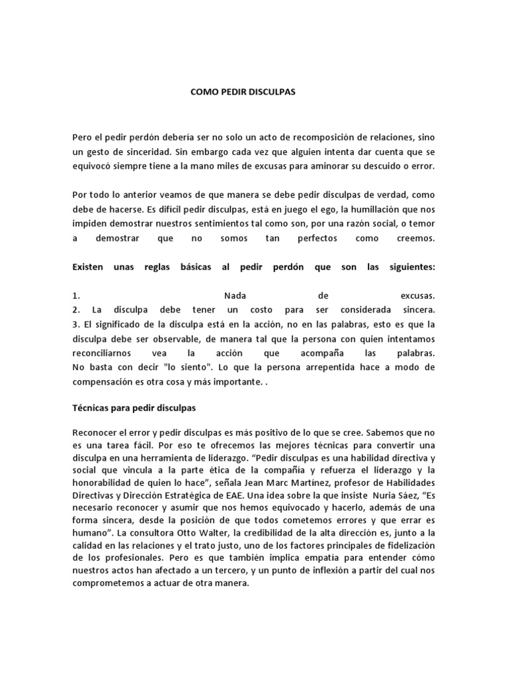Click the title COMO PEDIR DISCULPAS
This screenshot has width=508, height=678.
[x=243, y=93]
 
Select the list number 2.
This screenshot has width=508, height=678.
[x=77, y=309]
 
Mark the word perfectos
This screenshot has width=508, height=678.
[x=318, y=238]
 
